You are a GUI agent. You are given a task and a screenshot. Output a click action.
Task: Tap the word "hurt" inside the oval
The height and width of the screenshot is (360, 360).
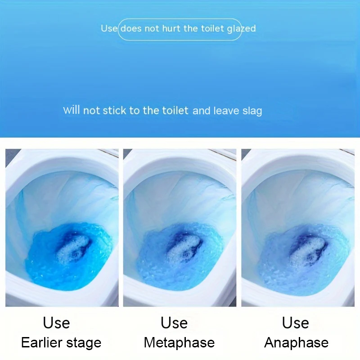point(171,28)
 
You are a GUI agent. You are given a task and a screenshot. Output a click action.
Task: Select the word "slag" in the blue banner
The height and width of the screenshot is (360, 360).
point(252,111)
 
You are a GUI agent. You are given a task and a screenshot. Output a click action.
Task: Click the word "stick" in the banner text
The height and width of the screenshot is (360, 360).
point(114,110)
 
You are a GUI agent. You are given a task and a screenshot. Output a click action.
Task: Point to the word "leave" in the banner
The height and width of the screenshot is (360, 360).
point(226,111)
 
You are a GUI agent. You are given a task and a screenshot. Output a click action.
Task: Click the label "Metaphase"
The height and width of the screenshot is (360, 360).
point(179,343)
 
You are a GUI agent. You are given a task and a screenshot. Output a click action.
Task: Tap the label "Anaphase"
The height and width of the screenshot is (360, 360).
point(296,343)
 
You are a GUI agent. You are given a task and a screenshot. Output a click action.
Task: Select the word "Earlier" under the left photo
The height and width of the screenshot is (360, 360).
point(41,343)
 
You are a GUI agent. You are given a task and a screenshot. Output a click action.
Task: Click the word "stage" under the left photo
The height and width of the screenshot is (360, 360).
point(84,343)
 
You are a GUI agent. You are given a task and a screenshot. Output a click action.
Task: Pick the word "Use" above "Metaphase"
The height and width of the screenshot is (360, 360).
point(174,323)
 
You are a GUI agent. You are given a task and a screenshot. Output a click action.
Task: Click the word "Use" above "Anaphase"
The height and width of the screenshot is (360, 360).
point(296,323)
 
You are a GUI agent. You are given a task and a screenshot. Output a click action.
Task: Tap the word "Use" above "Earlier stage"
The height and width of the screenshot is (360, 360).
point(56,323)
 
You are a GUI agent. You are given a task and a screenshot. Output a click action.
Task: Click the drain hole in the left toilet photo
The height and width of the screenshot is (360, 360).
point(74,254)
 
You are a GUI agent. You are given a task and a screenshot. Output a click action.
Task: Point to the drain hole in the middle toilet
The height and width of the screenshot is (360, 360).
point(185,254)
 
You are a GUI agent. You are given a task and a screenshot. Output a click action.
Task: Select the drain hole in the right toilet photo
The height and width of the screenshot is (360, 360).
point(310,256)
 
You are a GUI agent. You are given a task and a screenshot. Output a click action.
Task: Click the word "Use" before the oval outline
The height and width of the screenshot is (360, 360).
point(109,28)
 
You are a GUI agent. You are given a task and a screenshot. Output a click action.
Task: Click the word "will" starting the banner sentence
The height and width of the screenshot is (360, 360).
point(72,110)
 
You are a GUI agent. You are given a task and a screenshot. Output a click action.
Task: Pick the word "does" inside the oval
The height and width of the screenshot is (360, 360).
point(131,28)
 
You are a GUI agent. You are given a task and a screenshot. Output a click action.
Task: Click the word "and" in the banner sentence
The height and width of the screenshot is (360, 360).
point(202,111)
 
